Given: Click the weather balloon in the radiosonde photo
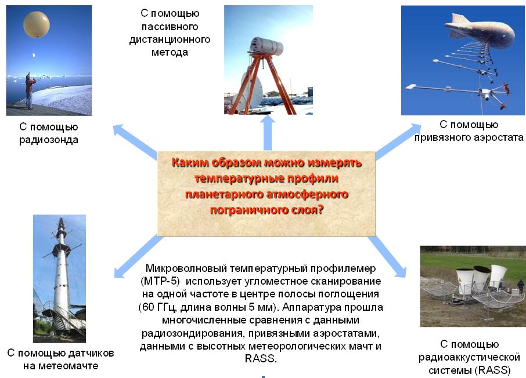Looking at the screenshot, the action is point(36,24).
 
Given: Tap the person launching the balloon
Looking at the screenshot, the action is point(30,90).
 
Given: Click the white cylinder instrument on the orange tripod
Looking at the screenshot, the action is point(266,46).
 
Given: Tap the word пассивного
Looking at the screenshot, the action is point(170,27).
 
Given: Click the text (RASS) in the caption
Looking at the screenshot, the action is point(493,370).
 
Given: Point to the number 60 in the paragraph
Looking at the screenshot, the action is point(147,307).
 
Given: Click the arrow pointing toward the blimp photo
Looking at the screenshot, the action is point(398,141).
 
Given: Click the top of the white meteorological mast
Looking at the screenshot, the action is point(61,219).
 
